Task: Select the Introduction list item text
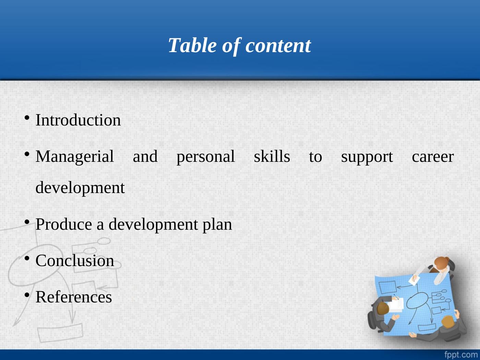click(x=78, y=120)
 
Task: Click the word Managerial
click(x=75, y=157)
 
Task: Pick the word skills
click(x=272, y=157)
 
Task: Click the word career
click(x=433, y=157)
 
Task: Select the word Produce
click(x=64, y=225)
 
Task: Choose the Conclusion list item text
click(x=75, y=261)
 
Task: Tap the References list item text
click(x=74, y=297)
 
